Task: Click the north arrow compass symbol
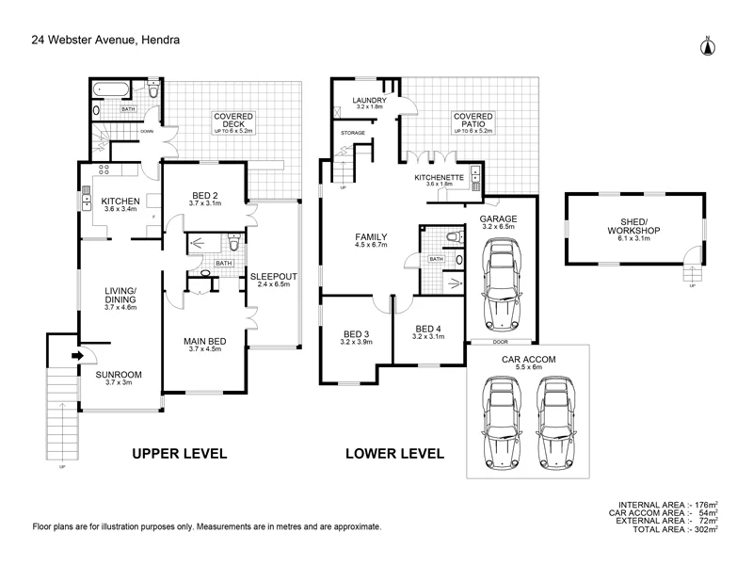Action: click(x=708, y=46)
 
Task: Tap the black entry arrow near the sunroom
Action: click(x=77, y=356)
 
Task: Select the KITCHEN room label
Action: click(x=120, y=202)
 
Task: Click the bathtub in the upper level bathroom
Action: click(x=111, y=89)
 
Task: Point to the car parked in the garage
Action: click(x=502, y=285)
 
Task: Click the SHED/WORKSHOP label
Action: click(x=633, y=226)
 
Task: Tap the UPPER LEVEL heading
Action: click(x=180, y=454)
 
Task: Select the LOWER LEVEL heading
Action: click(x=394, y=454)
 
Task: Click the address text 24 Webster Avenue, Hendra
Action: click(x=105, y=40)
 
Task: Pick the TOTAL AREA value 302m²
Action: click(x=707, y=529)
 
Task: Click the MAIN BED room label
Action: click(x=205, y=341)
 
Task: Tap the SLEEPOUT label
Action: click(x=274, y=276)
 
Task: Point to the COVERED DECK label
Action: click(x=233, y=121)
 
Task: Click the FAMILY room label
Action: click(x=371, y=237)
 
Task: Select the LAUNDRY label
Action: click(x=369, y=100)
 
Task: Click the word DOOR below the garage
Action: click(x=501, y=342)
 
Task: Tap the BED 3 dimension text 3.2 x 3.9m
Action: click(x=357, y=342)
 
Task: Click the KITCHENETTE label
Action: click(x=440, y=177)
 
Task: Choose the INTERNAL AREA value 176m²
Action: click(x=707, y=505)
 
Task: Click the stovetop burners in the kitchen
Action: click(x=104, y=169)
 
